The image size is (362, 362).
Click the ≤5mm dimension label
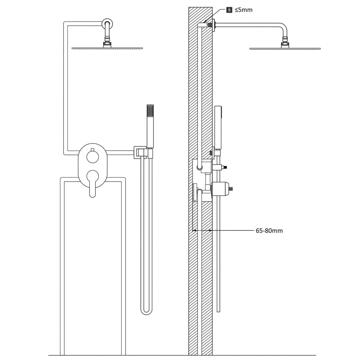[244, 10]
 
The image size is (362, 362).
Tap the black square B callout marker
[229, 10]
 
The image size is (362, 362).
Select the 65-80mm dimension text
[269, 231]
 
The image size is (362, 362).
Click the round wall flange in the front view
[108, 24]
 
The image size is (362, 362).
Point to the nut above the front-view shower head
[107, 44]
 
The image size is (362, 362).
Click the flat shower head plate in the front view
[107, 48]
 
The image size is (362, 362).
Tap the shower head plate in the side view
[285, 48]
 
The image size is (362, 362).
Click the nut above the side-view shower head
[285, 45]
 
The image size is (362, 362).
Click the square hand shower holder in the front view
[140, 152]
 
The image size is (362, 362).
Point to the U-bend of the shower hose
[147, 311]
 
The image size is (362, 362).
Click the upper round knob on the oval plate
[92, 157]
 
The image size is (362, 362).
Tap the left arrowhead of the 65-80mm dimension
[194, 231]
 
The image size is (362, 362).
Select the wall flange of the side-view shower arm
[214, 25]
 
